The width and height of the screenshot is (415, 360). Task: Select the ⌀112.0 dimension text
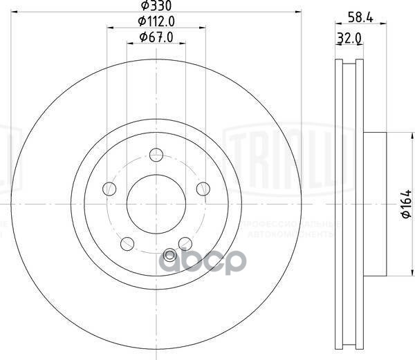(x=156, y=21)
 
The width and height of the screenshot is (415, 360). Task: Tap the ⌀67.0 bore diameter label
(x=156, y=37)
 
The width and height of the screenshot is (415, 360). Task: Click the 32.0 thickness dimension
(x=349, y=40)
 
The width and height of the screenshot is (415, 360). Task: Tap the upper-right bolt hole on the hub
(x=202, y=188)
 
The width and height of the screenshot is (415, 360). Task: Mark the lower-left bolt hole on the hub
(x=127, y=243)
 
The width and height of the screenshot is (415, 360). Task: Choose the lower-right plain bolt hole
(x=185, y=243)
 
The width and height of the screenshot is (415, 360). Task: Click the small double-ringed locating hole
(x=169, y=254)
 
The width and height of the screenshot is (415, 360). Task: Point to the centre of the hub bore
(x=156, y=203)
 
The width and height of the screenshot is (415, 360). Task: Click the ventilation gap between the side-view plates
(x=349, y=205)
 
